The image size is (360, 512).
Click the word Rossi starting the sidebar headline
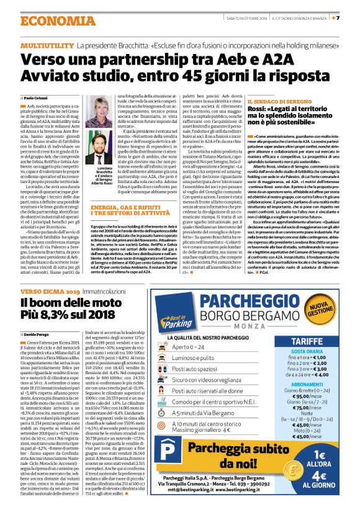(261, 109)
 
